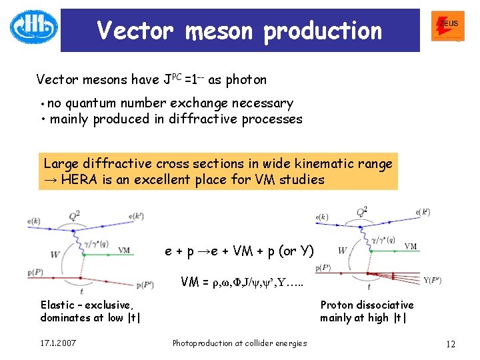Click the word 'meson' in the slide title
pos(215,31)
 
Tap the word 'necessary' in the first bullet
pos(263,103)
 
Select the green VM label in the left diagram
pos(124,250)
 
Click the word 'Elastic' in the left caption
pos(58,305)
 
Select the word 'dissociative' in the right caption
pos(385,305)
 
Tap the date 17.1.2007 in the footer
pos(58,343)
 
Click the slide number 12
pos(450,344)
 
